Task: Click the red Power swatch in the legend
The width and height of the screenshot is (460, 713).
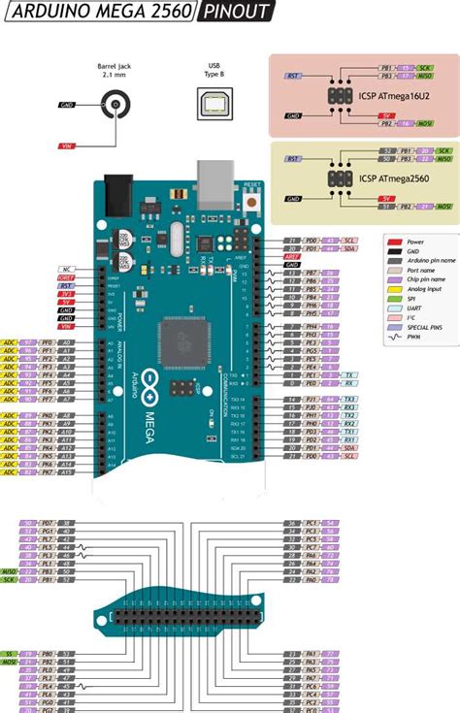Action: click(396, 240)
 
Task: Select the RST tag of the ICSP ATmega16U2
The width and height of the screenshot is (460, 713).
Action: click(291, 75)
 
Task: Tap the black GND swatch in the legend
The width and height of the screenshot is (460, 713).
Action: click(396, 251)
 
